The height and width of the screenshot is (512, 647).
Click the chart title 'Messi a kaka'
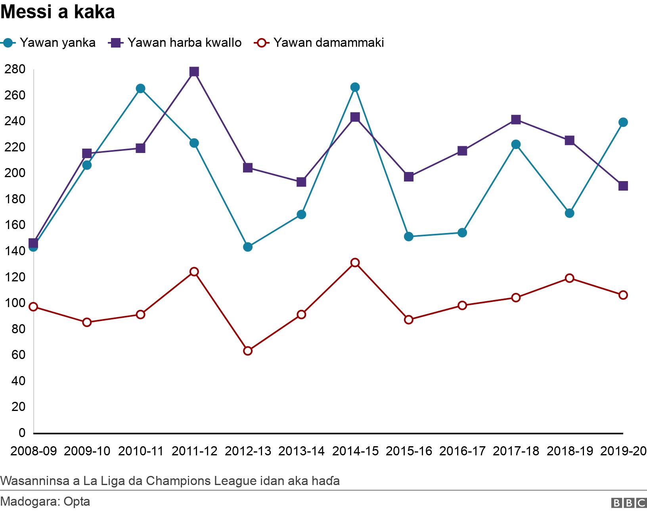pos(57,12)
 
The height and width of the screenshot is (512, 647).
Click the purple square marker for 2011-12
pos(194,72)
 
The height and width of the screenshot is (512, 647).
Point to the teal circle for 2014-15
pos(355,87)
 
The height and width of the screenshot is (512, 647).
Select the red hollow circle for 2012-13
pos(248,351)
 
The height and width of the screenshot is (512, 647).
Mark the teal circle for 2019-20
pos(623,122)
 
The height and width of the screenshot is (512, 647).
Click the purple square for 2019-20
pos(623,186)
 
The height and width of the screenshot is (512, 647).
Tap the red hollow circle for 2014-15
pos(355,263)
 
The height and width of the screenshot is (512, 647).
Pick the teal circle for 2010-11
pos(140,88)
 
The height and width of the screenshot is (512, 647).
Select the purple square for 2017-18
pos(516,120)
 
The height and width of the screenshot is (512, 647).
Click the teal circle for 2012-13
pos(248,247)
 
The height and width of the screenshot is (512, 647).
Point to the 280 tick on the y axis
pos(15,69)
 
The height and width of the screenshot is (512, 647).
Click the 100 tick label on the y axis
pos(15,303)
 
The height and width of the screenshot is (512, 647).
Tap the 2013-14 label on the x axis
pos(301,451)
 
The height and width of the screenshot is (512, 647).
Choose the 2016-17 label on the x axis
pos(462,451)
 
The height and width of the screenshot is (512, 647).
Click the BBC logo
pos(629,503)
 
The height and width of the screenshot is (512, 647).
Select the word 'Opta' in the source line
pos(77,502)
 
